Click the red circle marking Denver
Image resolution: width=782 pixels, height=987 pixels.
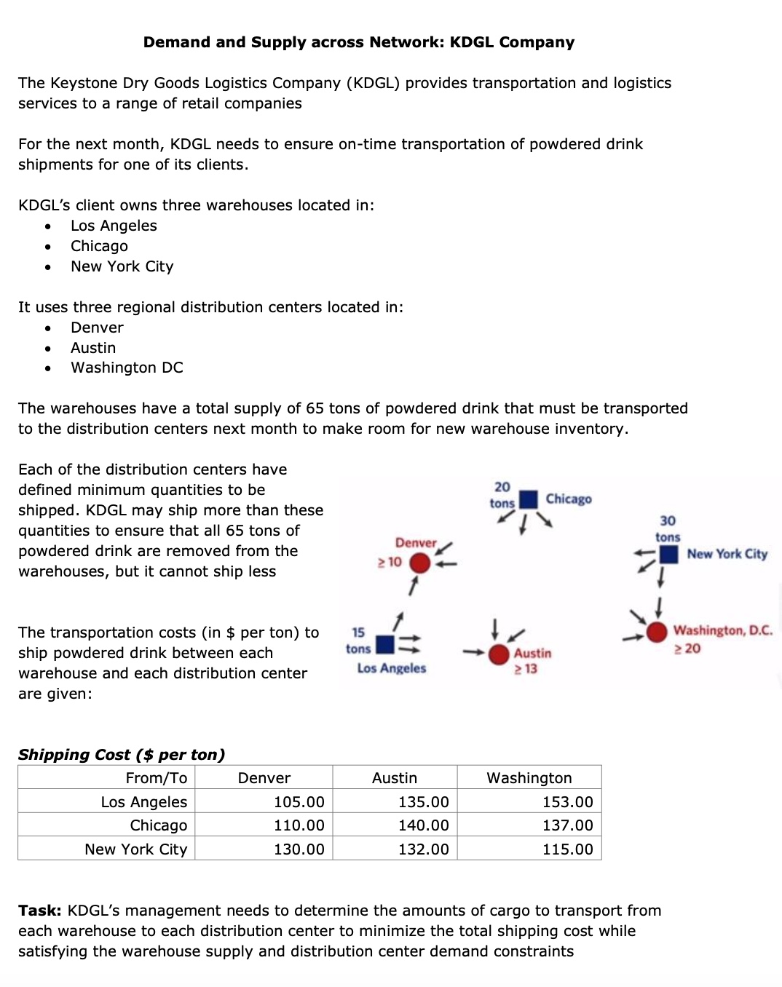pyautogui.click(x=420, y=563)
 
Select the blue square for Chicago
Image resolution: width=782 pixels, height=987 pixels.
pyautogui.click(x=529, y=499)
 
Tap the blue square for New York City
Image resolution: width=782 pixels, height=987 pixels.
pyautogui.click(x=668, y=555)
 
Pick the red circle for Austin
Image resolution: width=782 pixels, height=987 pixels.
pyautogui.click(x=499, y=654)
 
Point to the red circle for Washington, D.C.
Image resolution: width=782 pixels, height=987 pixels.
pyautogui.click(x=657, y=632)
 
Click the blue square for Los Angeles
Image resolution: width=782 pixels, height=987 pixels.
pyautogui.click(x=384, y=644)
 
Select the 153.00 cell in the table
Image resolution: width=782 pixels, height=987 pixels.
pyautogui.click(x=567, y=802)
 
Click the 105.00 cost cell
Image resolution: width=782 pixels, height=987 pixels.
pyautogui.click(x=299, y=802)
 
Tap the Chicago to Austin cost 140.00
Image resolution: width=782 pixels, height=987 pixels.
pyautogui.click(x=423, y=825)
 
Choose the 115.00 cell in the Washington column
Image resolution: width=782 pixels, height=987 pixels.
pyautogui.click(x=567, y=849)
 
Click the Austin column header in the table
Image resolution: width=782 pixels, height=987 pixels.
pyautogui.click(x=395, y=778)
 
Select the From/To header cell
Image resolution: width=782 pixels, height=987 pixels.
pyautogui.click(x=156, y=778)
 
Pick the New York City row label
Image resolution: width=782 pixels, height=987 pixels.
pyautogui.click(x=136, y=849)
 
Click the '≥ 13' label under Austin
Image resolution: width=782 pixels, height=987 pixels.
pyautogui.click(x=526, y=669)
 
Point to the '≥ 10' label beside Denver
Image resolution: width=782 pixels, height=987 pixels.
pyautogui.click(x=390, y=562)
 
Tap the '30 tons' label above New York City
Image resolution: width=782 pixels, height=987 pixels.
pyautogui.click(x=668, y=529)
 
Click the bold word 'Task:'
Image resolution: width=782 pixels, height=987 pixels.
pyautogui.click(x=40, y=911)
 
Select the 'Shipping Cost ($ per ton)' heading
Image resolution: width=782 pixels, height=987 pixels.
pyautogui.click(x=122, y=755)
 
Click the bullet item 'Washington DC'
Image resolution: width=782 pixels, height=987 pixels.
pyautogui.click(x=127, y=368)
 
